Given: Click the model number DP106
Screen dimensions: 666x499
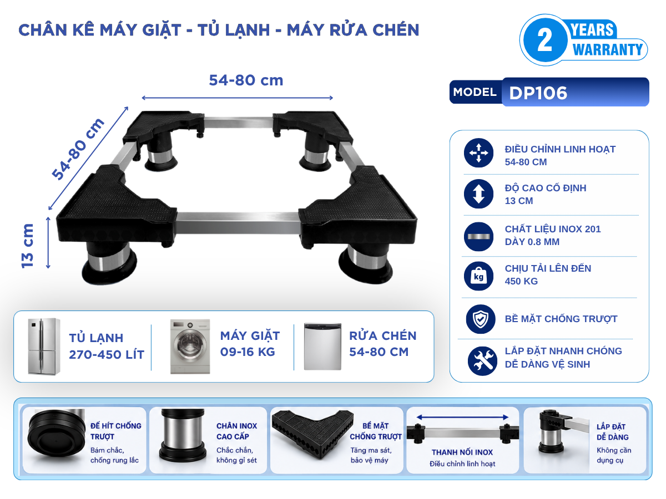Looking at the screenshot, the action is (x=538, y=93).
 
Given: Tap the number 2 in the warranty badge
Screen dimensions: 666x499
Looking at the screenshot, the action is (x=544, y=40).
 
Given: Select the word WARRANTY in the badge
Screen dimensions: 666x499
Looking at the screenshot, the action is (x=607, y=50).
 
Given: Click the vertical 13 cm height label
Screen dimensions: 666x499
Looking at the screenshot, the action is (x=27, y=246).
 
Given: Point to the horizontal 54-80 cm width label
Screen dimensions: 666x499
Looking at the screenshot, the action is (x=246, y=80).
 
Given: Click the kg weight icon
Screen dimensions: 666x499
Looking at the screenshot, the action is (x=478, y=276).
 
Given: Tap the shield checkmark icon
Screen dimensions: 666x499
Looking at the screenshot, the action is (x=481, y=319).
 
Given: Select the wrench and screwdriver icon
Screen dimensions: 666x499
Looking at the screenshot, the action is (x=482, y=361).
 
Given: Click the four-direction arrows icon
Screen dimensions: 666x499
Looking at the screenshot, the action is (x=478, y=152).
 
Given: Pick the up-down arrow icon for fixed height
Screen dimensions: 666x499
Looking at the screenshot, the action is (x=478, y=194).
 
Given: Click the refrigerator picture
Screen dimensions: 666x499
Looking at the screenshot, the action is (x=44, y=347).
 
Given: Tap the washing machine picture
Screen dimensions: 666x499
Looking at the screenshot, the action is (x=190, y=347).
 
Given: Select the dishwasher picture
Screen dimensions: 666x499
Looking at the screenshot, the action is (x=322, y=347).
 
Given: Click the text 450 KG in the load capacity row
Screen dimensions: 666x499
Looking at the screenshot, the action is (x=521, y=281).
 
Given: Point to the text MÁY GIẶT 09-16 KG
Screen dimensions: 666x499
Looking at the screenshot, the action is (x=250, y=344).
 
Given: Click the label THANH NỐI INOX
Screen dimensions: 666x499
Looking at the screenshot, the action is (x=462, y=452).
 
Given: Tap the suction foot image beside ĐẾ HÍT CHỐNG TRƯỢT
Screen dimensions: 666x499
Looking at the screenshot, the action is (x=56, y=433).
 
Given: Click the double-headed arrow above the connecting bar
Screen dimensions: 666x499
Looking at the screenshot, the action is (x=462, y=417).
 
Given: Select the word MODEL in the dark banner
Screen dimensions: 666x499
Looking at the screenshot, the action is (x=475, y=92).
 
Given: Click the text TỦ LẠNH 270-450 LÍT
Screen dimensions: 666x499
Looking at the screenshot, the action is (x=107, y=347).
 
